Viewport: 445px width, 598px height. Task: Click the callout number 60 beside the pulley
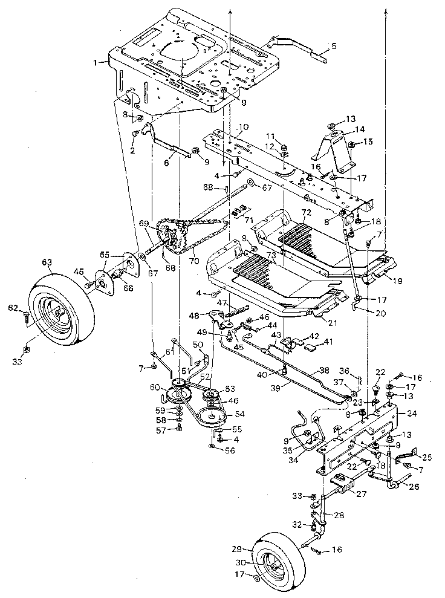tap(155, 388)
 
